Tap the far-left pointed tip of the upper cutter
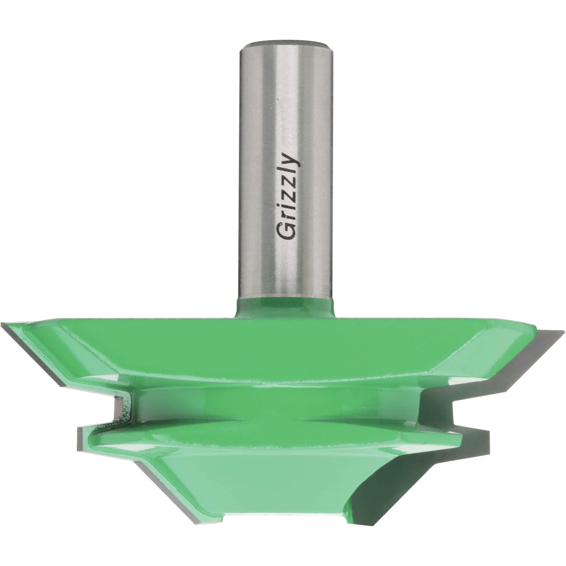(3, 324)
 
